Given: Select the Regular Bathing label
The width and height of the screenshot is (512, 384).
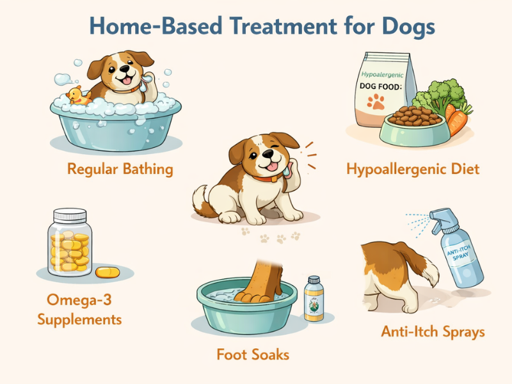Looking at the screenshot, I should coord(120,170).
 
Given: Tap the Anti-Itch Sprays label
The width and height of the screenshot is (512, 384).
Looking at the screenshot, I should coord(433,332).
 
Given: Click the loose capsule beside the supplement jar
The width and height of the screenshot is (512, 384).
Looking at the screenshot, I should coord(108,273).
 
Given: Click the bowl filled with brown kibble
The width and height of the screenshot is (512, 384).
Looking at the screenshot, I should coord(410,125).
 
